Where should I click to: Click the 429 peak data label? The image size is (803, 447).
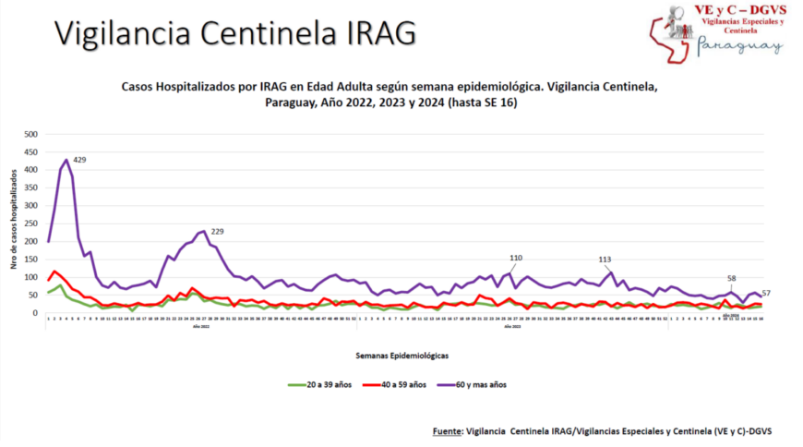click(x=79, y=160)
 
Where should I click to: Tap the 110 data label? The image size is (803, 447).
click(x=516, y=258)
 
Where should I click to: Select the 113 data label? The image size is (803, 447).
click(x=605, y=260)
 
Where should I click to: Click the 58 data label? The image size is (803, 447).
click(x=732, y=278)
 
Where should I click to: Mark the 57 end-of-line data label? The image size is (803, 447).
click(x=766, y=293)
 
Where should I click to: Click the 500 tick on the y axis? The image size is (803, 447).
click(x=30, y=134)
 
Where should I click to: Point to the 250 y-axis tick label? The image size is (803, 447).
click(x=30, y=223)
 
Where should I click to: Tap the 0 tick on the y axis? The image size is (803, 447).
click(x=35, y=313)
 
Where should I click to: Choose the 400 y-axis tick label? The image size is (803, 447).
click(x=30, y=170)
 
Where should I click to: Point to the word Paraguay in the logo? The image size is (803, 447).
click(x=739, y=45)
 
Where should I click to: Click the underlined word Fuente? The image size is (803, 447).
click(x=448, y=431)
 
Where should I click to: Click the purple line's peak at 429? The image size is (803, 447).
click(x=66, y=160)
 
